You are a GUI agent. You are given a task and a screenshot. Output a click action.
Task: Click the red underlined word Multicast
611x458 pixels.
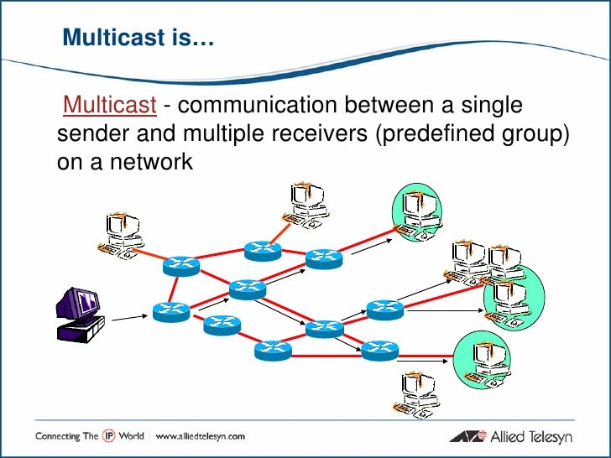pyautogui.click(x=110, y=107)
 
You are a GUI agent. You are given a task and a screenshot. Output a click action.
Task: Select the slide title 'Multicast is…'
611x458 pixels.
pyautogui.click(x=138, y=37)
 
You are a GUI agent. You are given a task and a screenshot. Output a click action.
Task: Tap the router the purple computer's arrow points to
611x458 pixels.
pyautogui.click(x=171, y=310)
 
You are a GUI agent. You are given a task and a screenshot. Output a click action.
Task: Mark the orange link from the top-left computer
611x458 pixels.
pyautogui.click(x=153, y=255)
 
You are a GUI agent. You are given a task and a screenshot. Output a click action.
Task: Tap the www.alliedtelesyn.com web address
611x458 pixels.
pyautogui.click(x=200, y=435)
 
